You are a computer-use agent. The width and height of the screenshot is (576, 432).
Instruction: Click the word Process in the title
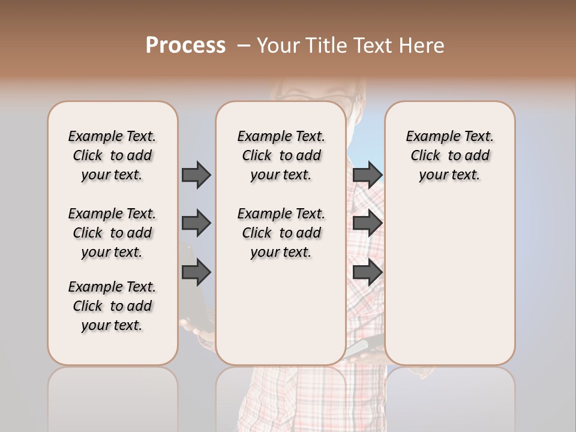[x=185, y=46]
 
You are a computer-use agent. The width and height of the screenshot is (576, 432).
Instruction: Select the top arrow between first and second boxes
[x=196, y=175]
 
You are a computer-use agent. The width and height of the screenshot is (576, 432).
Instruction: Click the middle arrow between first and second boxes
[x=196, y=223]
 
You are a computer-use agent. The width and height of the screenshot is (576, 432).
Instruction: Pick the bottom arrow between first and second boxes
[x=196, y=272]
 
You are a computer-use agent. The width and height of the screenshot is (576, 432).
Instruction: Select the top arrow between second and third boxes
[x=367, y=175]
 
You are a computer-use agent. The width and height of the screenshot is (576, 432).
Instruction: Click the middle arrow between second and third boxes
[x=367, y=223]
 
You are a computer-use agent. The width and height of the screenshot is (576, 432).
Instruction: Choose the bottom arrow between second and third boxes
[x=367, y=272]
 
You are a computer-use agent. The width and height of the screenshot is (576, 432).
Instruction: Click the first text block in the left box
[x=112, y=155]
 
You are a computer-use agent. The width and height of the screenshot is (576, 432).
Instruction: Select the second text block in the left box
[x=112, y=233]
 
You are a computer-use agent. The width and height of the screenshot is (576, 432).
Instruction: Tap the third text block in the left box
[x=112, y=306]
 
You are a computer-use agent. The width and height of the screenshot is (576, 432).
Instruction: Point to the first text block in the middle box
[x=281, y=155]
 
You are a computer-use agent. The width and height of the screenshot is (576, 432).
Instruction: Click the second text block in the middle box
[x=281, y=233]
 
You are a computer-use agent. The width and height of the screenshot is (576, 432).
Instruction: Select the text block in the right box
[x=449, y=155]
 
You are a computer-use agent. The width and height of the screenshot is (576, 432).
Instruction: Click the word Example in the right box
[x=428, y=137]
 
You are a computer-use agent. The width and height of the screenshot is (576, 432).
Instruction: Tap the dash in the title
[x=244, y=46]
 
